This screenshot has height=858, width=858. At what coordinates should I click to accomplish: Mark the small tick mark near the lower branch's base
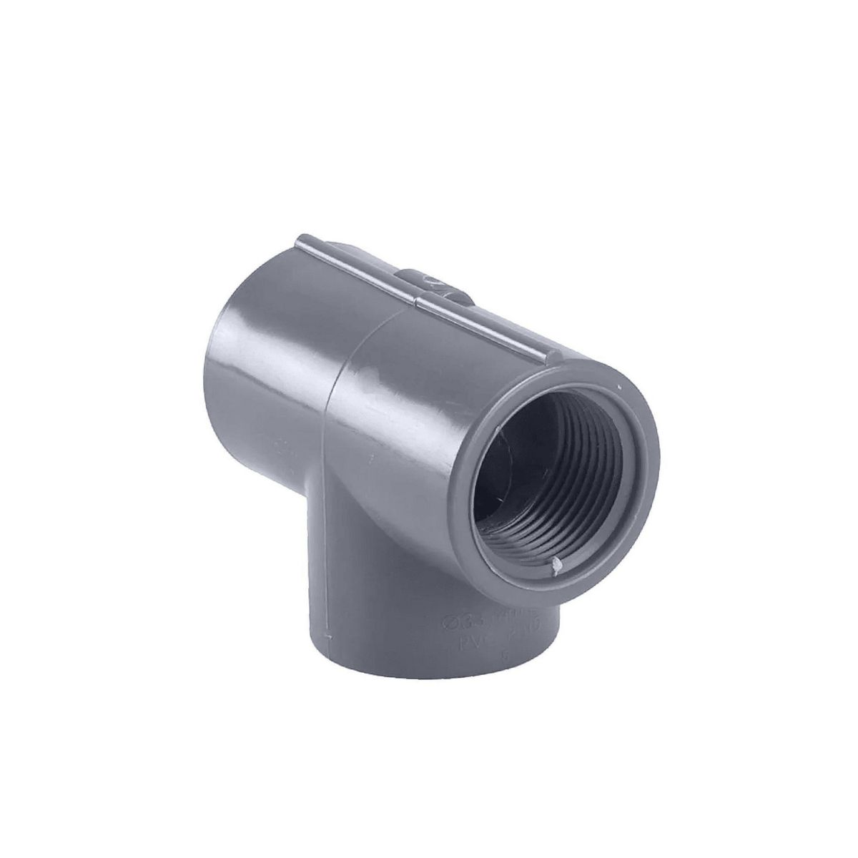[328, 635]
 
